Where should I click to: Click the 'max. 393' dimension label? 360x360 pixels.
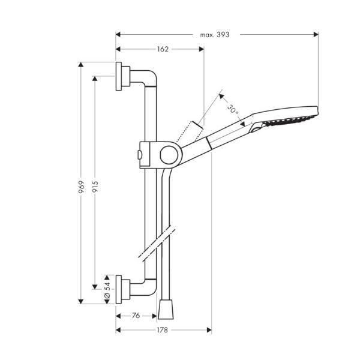point(215,34)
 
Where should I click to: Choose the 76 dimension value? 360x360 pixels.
point(136,315)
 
